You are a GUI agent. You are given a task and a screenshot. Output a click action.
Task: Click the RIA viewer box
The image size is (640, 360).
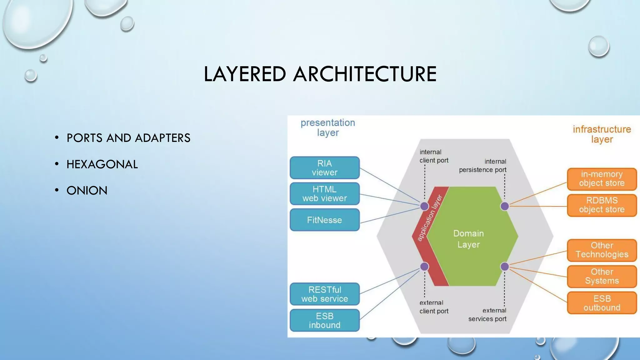tap(324, 168)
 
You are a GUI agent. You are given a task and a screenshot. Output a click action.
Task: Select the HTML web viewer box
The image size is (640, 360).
tap(324, 194)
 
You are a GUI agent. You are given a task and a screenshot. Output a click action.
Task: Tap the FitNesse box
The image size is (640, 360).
tap(324, 220)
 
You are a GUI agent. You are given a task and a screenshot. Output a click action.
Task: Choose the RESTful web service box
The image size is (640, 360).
tap(324, 294)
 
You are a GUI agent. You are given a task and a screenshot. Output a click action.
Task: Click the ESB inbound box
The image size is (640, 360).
tap(324, 320)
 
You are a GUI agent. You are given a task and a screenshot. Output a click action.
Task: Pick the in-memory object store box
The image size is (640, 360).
tap(602, 179)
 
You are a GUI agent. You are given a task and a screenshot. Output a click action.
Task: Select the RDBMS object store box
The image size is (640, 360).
tap(602, 205)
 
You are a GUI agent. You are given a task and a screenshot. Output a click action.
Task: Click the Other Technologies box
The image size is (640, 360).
tap(602, 250)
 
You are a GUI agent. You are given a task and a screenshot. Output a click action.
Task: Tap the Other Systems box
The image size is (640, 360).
tap(602, 276)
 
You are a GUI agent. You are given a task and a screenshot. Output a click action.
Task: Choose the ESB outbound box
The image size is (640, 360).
tap(602, 303)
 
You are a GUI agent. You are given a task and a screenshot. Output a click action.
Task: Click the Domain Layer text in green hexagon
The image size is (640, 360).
tap(468, 239)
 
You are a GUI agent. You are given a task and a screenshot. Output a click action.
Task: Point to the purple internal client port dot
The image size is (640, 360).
tap(424, 206)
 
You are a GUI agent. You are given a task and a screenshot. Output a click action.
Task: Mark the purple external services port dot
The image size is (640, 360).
tap(505, 267)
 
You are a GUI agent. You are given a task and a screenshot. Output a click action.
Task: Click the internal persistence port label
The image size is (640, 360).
tap(483, 166)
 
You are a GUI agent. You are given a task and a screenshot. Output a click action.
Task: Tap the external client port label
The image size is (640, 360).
tap(434, 307)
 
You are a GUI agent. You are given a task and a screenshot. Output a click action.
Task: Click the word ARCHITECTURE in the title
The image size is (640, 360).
tap(364, 74)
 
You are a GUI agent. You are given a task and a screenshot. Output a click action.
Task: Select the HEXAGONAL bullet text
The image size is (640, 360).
tap(102, 164)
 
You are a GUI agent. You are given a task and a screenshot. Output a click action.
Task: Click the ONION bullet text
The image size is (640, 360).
tap(87, 191)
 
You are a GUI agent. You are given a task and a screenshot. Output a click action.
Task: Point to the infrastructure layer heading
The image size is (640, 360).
tap(602, 134)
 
